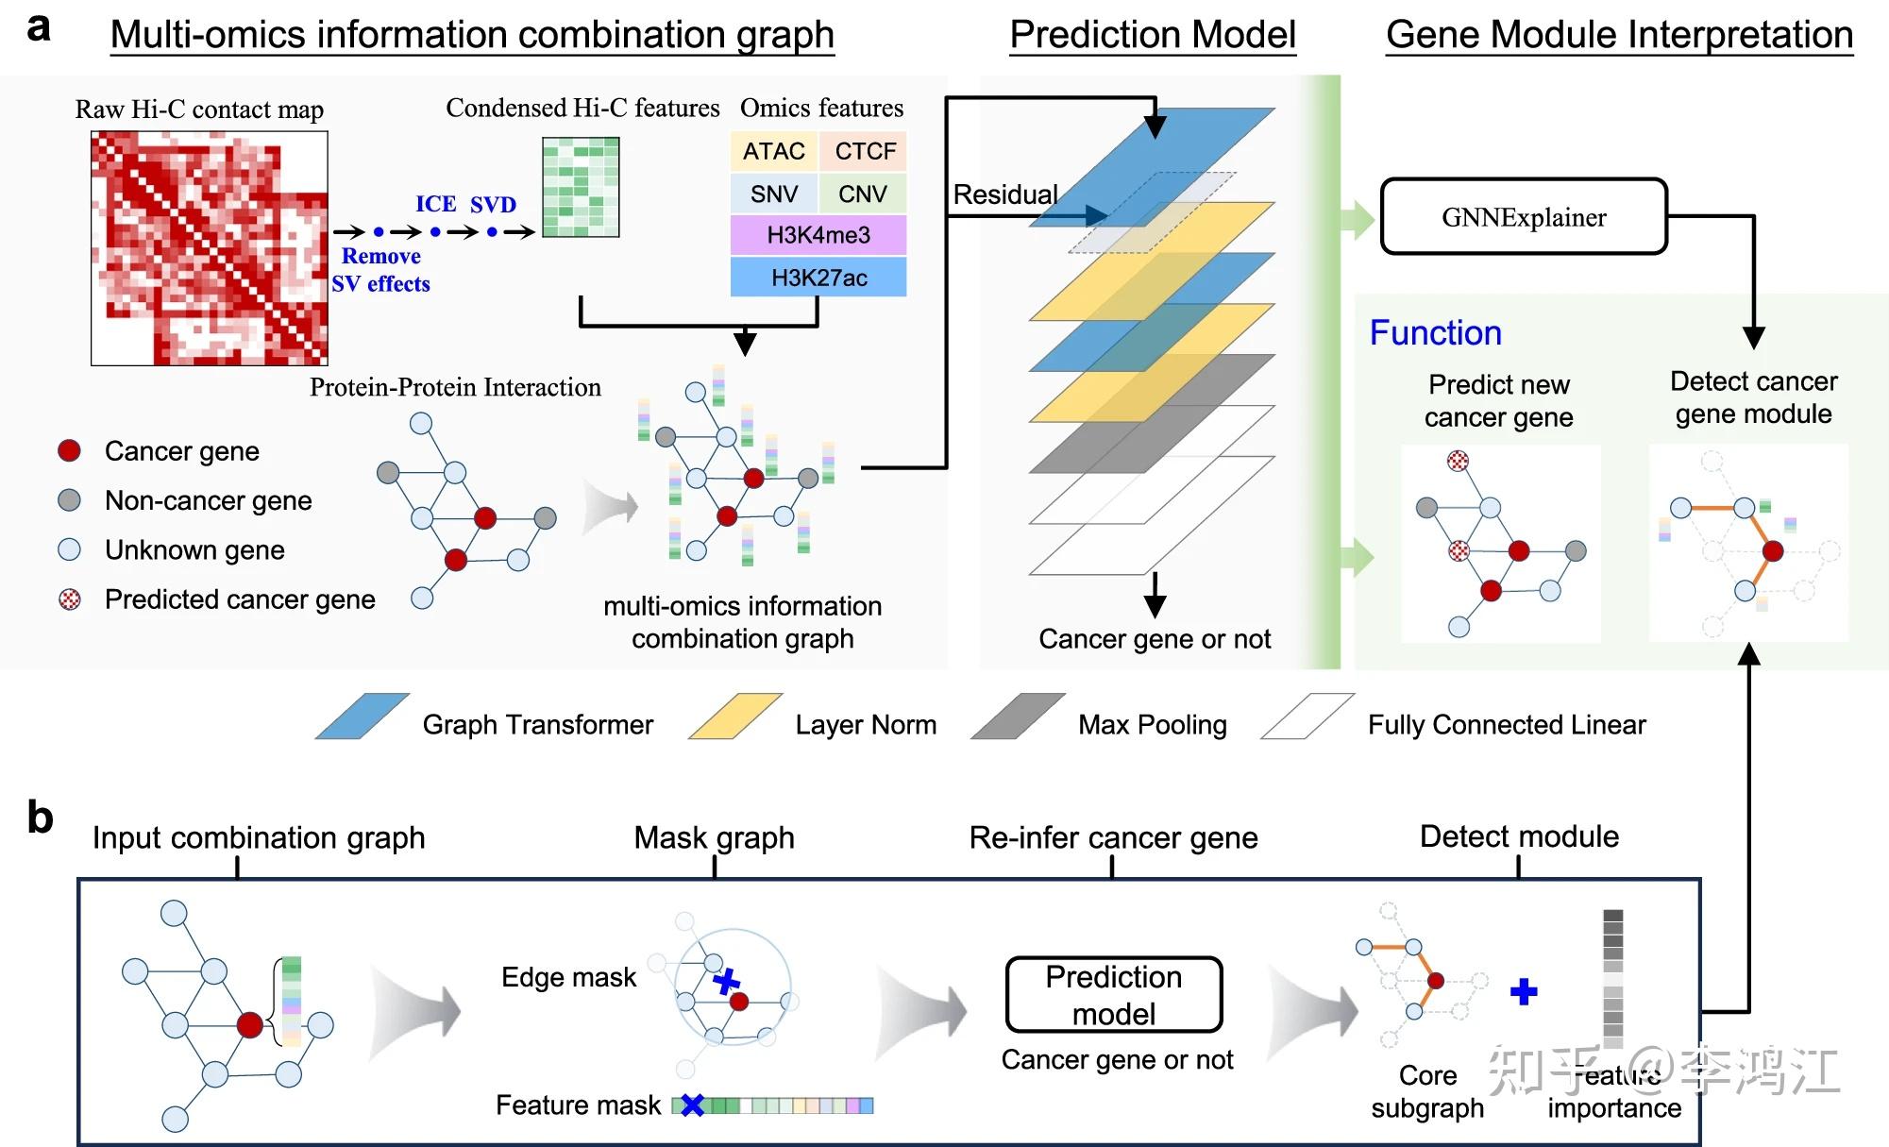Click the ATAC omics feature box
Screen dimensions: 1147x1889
(773, 151)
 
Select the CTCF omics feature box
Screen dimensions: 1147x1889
(864, 151)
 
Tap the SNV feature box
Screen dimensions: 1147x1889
(773, 194)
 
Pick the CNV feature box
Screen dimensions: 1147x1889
(863, 194)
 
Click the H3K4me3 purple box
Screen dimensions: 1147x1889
(818, 235)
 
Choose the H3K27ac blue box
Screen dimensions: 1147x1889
(818, 278)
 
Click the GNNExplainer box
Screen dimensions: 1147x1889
(1524, 217)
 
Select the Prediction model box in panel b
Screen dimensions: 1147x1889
(1114, 995)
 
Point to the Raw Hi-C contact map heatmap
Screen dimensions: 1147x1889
(209, 248)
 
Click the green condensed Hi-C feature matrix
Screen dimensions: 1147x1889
(581, 187)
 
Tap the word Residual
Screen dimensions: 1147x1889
(1005, 194)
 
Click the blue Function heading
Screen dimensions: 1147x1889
(1435, 333)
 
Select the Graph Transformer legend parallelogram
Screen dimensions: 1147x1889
(363, 717)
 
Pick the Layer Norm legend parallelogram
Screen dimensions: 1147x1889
(735, 717)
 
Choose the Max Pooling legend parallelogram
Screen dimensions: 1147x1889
(1018, 717)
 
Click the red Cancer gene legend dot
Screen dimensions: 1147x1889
(69, 450)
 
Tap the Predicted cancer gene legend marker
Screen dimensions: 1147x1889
(69, 599)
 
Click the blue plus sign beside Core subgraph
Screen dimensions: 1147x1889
(1524, 991)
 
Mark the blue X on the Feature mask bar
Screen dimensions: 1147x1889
(693, 1105)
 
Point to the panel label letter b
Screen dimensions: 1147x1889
(40, 818)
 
